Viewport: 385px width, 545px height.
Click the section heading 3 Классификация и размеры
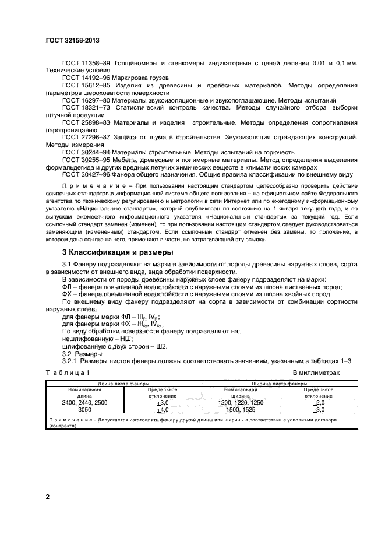[116, 252]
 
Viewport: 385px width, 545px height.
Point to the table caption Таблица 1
[68, 372]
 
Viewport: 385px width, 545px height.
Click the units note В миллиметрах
[316, 372]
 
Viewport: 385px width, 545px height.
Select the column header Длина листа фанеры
[123, 384]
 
